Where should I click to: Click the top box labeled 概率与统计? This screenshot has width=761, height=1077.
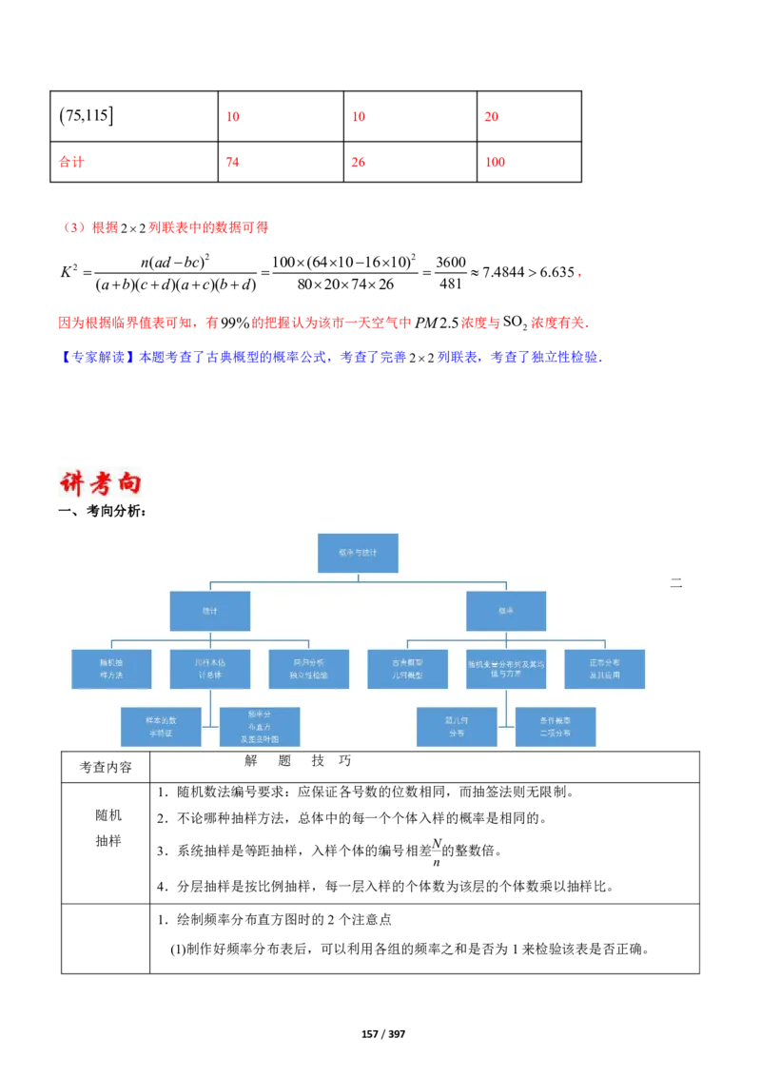click(x=358, y=553)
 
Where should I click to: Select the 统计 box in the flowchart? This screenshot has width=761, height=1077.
click(x=210, y=611)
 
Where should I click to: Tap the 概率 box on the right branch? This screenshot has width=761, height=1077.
click(x=506, y=611)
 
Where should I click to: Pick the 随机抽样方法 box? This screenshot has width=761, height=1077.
click(x=111, y=669)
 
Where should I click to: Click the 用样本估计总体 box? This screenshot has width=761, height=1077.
click(x=210, y=669)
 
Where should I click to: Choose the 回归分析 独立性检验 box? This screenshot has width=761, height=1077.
click(x=308, y=669)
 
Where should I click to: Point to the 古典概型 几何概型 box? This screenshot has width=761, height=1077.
click(x=407, y=669)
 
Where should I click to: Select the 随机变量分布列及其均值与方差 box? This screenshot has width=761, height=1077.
click(x=506, y=669)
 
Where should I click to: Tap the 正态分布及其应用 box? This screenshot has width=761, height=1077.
click(x=604, y=669)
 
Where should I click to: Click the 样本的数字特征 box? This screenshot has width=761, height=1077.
click(x=161, y=727)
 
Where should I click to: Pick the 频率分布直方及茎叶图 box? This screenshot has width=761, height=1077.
click(x=260, y=727)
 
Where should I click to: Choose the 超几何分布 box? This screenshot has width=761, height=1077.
click(x=457, y=727)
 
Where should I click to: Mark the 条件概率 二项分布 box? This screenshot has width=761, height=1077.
click(x=556, y=727)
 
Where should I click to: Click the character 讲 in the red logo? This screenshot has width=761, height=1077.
click(x=72, y=483)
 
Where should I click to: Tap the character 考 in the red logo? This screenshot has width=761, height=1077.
click(x=99, y=483)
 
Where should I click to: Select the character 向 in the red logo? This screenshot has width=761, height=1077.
click(x=127, y=483)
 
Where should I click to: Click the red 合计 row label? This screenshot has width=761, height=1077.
click(x=70, y=162)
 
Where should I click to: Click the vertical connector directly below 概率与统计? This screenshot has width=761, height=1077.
click(x=358, y=578)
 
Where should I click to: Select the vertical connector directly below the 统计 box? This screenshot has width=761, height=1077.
click(x=210, y=636)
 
